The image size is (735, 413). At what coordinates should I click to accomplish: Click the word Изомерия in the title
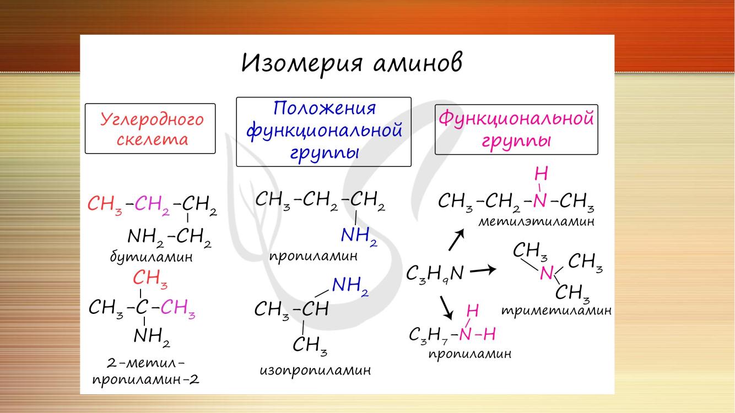pos(302,64)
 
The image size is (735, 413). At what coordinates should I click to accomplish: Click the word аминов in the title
pos(418,63)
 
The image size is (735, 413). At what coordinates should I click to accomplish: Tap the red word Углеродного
pos(152,120)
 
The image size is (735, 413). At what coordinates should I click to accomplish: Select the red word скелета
pos(152,140)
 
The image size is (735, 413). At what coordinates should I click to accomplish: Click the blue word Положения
pos(324,108)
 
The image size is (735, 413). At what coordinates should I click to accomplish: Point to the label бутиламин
pos(152,257)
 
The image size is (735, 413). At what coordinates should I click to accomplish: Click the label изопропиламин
pos(315,371)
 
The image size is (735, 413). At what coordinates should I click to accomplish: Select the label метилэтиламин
pos(537,222)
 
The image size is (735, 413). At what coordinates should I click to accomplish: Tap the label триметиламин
pos(556,311)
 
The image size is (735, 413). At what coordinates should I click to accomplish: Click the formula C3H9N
pos(435,274)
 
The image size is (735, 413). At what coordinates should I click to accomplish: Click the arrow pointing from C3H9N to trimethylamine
pos(483,270)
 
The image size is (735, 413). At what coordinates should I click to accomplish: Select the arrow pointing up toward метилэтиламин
pos(456,240)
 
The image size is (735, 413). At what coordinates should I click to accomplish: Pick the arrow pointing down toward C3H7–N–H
pos(447,308)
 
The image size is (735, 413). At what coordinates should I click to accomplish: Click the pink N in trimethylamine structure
pos(547,273)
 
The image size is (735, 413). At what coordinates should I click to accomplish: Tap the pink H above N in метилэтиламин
pos(541,173)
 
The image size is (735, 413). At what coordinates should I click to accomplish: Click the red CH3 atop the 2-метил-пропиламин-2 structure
pos(150,279)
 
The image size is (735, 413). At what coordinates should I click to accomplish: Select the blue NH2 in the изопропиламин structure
pos(350,286)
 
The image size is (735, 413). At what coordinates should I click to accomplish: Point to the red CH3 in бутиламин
pos(105,204)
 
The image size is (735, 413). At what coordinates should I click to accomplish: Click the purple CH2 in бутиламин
pos(152,205)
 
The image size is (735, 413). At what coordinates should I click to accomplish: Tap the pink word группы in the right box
pos(516,142)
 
